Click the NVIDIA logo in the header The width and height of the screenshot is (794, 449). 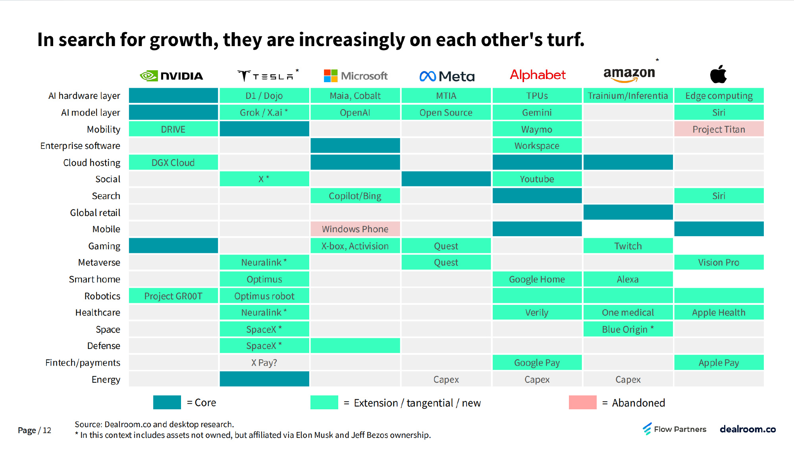(x=172, y=76)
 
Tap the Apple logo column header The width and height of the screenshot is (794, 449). (x=718, y=74)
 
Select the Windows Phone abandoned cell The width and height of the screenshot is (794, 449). (x=355, y=229)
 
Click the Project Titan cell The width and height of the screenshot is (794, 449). (x=719, y=129)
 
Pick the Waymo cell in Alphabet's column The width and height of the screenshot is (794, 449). (x=537, y=129)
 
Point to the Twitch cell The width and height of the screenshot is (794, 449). (x=628, y=246)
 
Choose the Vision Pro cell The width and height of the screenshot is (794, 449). (x=719, y=262)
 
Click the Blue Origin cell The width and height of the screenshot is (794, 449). (x=628, y=330)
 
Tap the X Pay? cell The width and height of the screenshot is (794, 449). (x=264, y=363)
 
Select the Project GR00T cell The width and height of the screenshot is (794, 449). (x=173, y=296)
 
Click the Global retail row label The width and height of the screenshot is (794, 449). (x=95, y=213)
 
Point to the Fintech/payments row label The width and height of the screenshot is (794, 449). (x=83, y=363)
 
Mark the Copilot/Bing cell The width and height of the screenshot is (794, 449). (x=355, y=196)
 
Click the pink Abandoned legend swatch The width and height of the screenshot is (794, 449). (x=582, y=402)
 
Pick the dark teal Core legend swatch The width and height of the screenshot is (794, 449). (x=167, y=402)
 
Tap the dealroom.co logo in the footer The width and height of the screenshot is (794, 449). (x=748, y=429)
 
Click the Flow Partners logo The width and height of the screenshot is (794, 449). (x=675, y=429)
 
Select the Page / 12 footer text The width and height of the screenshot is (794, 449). (x=35, y=430)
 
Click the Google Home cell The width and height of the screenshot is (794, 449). (x=537, y=279)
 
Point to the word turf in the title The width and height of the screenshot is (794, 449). (x=565, y=40)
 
